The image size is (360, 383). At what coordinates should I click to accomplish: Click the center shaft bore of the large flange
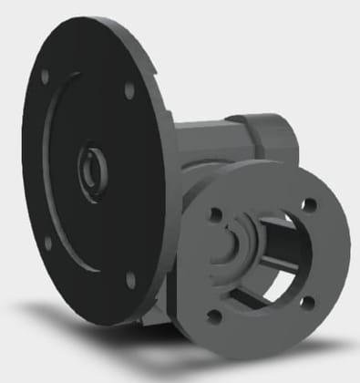click(91, 165)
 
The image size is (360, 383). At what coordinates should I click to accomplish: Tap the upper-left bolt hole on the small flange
click(215, 215)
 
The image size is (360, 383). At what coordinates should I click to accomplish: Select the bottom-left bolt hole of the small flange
click(214, 316)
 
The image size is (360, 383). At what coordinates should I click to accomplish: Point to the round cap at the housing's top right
click(274, 137)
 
